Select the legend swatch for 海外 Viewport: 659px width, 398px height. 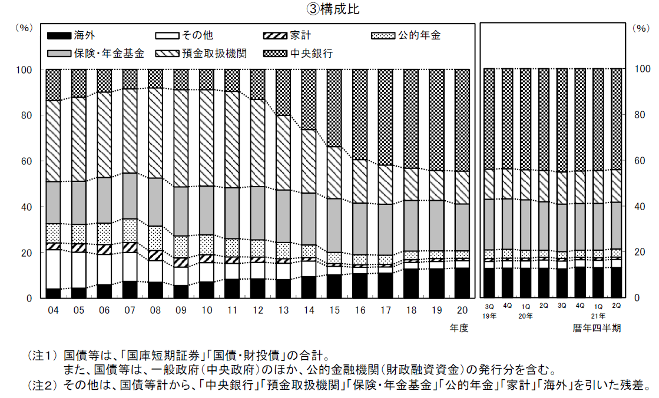(x=58, y=35)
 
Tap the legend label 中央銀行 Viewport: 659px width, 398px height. (x=312, y=54)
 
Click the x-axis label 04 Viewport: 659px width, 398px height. (x=54, y=309)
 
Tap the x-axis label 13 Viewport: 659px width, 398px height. (x=283, y=309)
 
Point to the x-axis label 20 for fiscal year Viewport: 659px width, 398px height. (x=462, y=309)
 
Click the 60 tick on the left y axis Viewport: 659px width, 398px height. (x=26, y=161)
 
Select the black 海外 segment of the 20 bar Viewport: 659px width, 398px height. (x=462, y=283)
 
